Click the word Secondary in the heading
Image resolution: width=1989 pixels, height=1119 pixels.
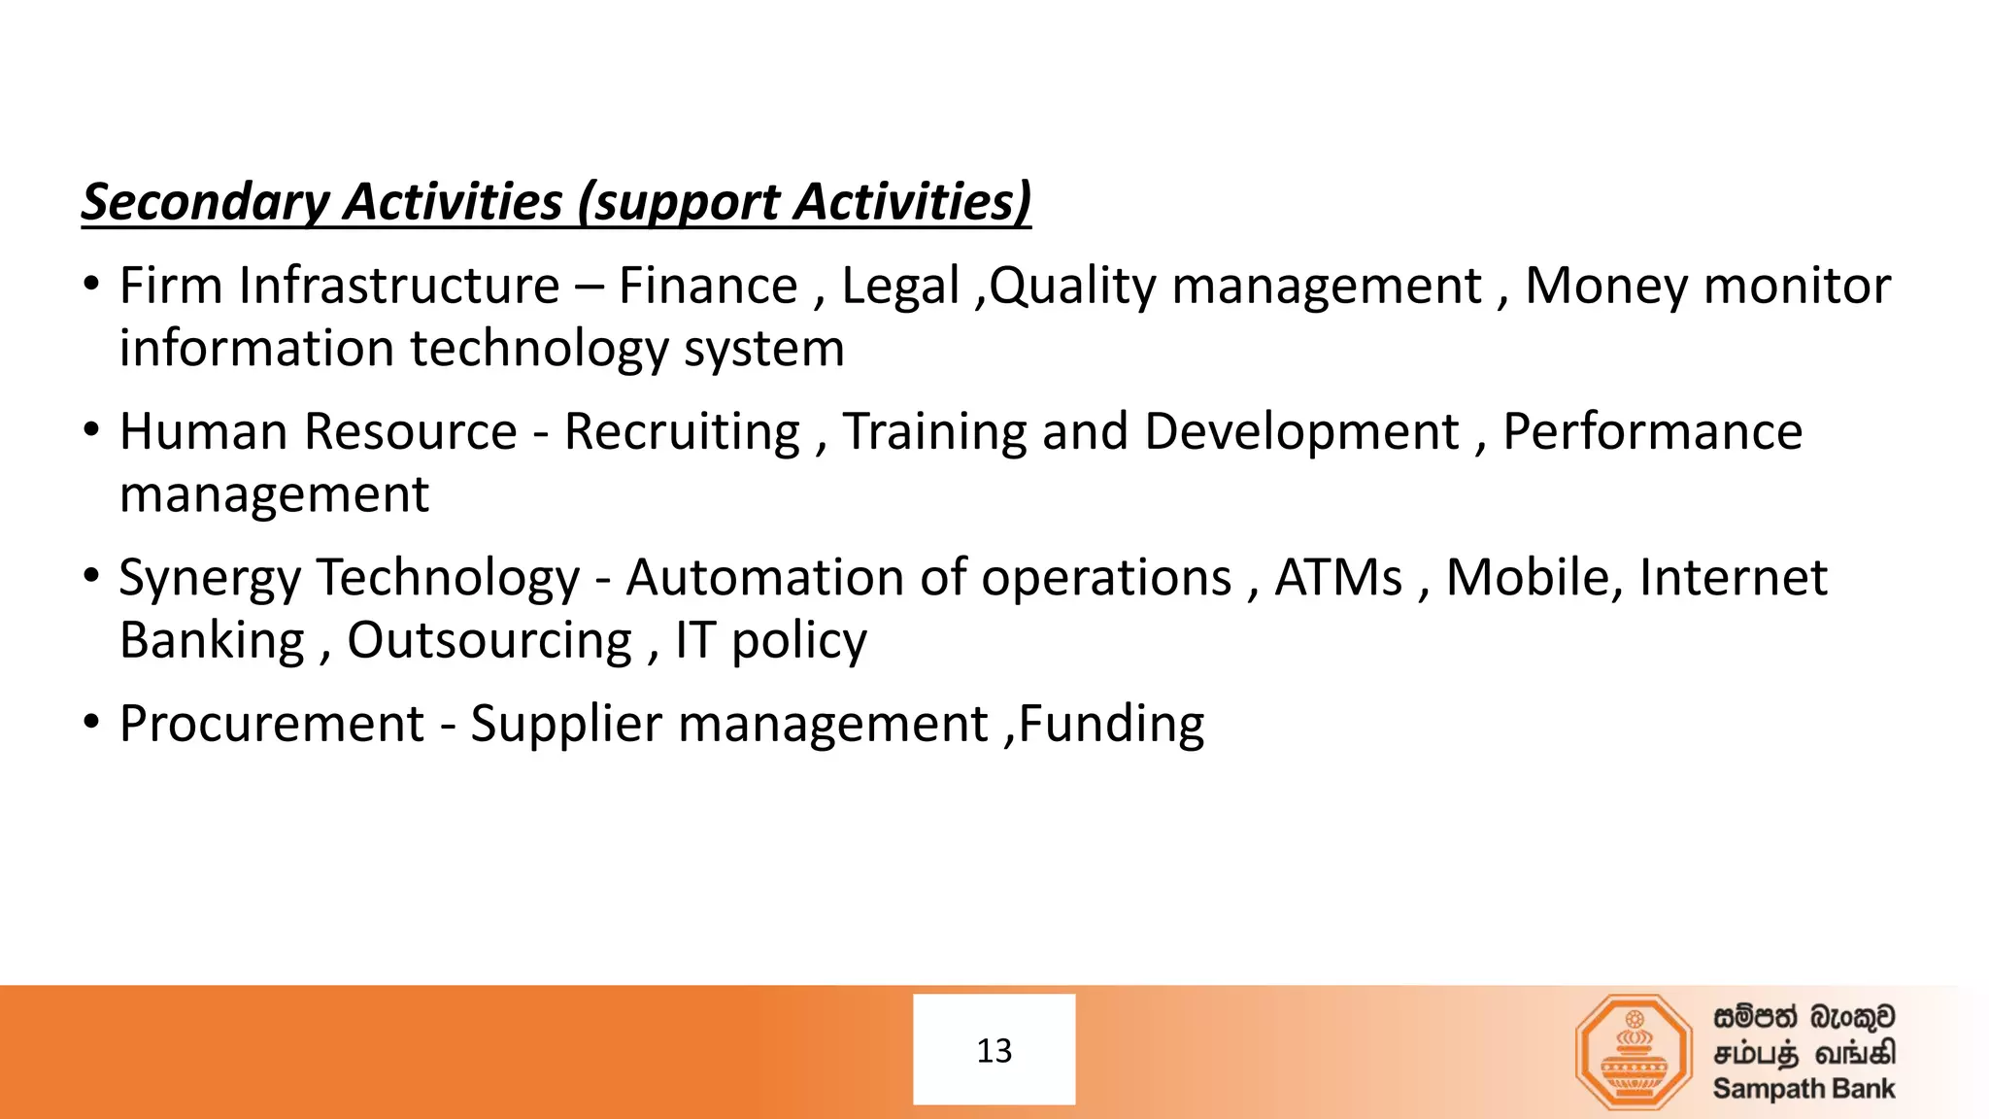point(206,202)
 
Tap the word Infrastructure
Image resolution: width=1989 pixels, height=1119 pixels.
point(398,287)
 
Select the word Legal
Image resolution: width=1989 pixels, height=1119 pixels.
point(899,287)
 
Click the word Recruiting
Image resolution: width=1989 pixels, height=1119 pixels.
point(682,432)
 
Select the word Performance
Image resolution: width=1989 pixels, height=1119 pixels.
point(1652,432)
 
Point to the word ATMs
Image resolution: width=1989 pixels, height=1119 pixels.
point(1338,578)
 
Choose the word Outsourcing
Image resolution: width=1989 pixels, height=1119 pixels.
point(489,641)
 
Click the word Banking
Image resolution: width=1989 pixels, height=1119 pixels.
point(212,641)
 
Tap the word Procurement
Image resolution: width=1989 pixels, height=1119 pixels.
point(272,725)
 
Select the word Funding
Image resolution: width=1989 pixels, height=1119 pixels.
point(1111,725)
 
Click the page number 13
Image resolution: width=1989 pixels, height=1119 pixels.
point(994,1050)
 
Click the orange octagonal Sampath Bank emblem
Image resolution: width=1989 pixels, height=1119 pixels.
point(1634,1051)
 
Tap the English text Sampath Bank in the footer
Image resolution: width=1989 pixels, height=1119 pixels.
point(1804,1089)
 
